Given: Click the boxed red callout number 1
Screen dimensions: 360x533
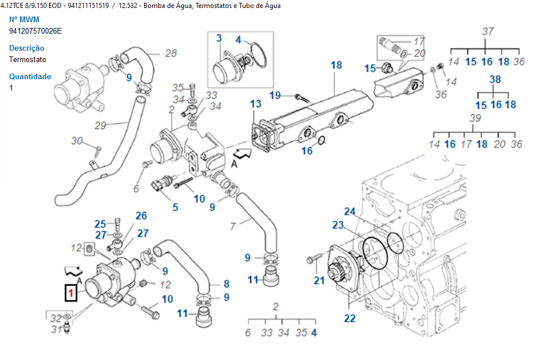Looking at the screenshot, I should click(x=71, y=293).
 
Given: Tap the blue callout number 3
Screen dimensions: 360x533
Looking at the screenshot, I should click(x=219, y=39).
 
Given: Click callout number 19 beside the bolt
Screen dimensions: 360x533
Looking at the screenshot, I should click(x=275, y=95).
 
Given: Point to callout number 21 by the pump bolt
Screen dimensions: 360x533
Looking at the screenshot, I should click(x=319, y=280).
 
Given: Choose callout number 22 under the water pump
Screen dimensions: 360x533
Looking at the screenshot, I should click(x=349, y=318).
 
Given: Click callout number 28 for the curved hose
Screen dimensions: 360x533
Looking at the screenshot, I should click(x=171, y=54).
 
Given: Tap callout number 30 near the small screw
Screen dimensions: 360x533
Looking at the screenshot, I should click(x=77, y=141).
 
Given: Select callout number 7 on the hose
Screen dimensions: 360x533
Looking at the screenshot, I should click(x=232, y=226).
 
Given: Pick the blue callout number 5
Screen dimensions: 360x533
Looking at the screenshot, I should click(x=175, y=207).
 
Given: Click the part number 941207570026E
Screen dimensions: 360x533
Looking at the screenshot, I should click(x=35, y=31).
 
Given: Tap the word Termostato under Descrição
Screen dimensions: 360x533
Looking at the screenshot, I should click(x=28, y=59).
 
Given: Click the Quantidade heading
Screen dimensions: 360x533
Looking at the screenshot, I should click(x=30, y=76).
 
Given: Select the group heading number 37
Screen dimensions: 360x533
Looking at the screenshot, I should click(x=487, y=31).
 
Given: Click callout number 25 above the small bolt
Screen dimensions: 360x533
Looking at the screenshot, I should click(x=100, y=224).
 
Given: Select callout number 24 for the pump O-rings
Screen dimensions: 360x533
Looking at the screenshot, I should click(x=349, y=212).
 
